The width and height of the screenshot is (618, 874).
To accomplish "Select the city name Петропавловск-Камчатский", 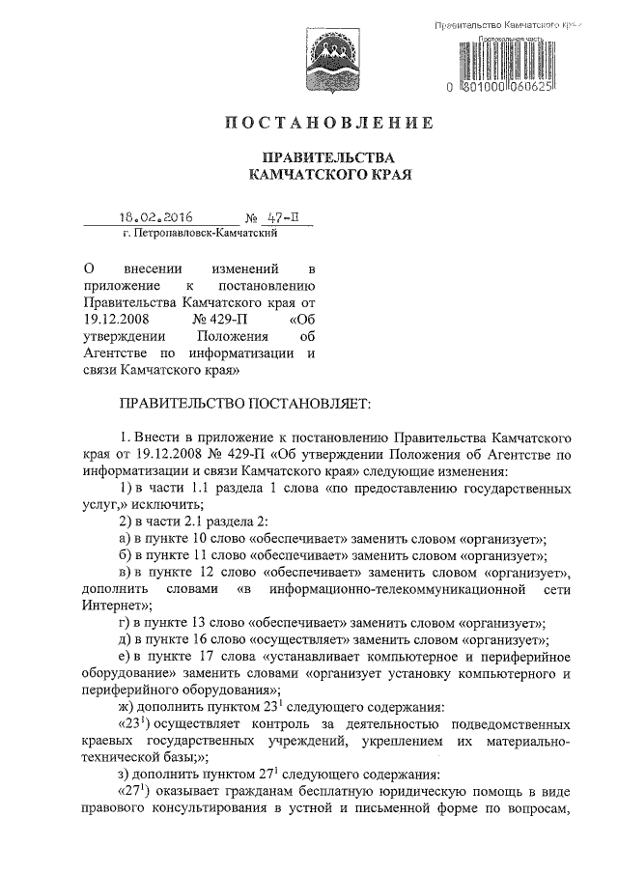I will [x=202, y=234].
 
